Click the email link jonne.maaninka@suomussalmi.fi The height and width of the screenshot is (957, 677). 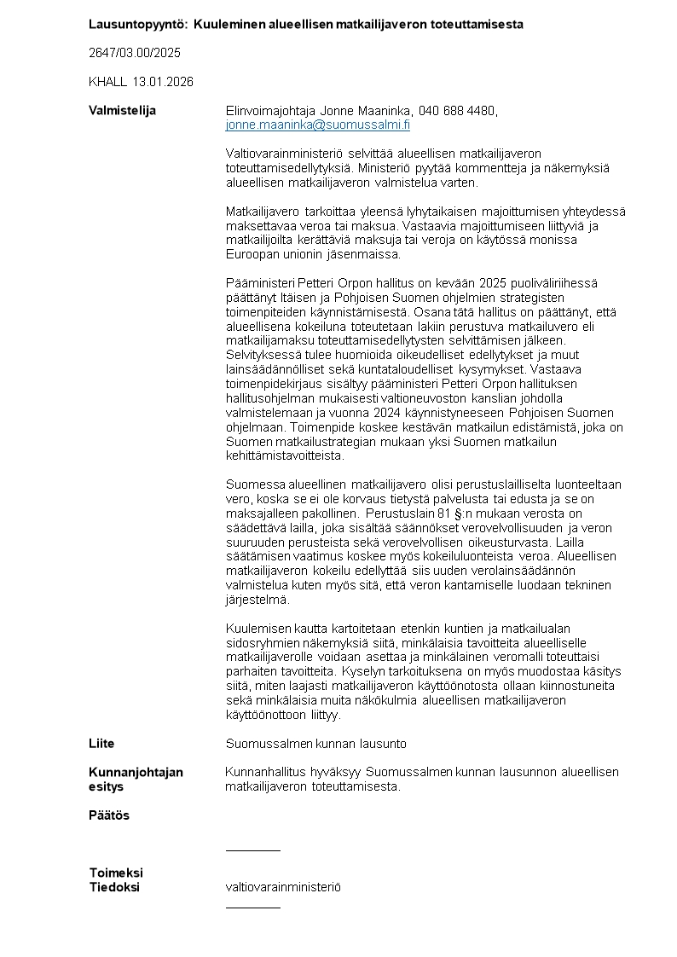point(317,125)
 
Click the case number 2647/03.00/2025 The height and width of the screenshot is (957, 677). point(135,53)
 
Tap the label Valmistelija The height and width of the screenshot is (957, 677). point(122,111)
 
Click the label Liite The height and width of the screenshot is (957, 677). point(101,744)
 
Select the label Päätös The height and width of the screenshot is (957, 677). point(109,815)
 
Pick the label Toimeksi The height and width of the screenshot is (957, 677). point(116,873)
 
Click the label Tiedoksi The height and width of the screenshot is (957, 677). point(114,887)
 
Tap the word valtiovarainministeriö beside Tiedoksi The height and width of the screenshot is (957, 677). point(283,887)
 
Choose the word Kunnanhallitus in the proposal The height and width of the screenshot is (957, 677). point(265,772)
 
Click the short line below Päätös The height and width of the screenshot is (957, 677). point(252,850)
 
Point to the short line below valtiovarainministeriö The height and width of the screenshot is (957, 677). point(252,908)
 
